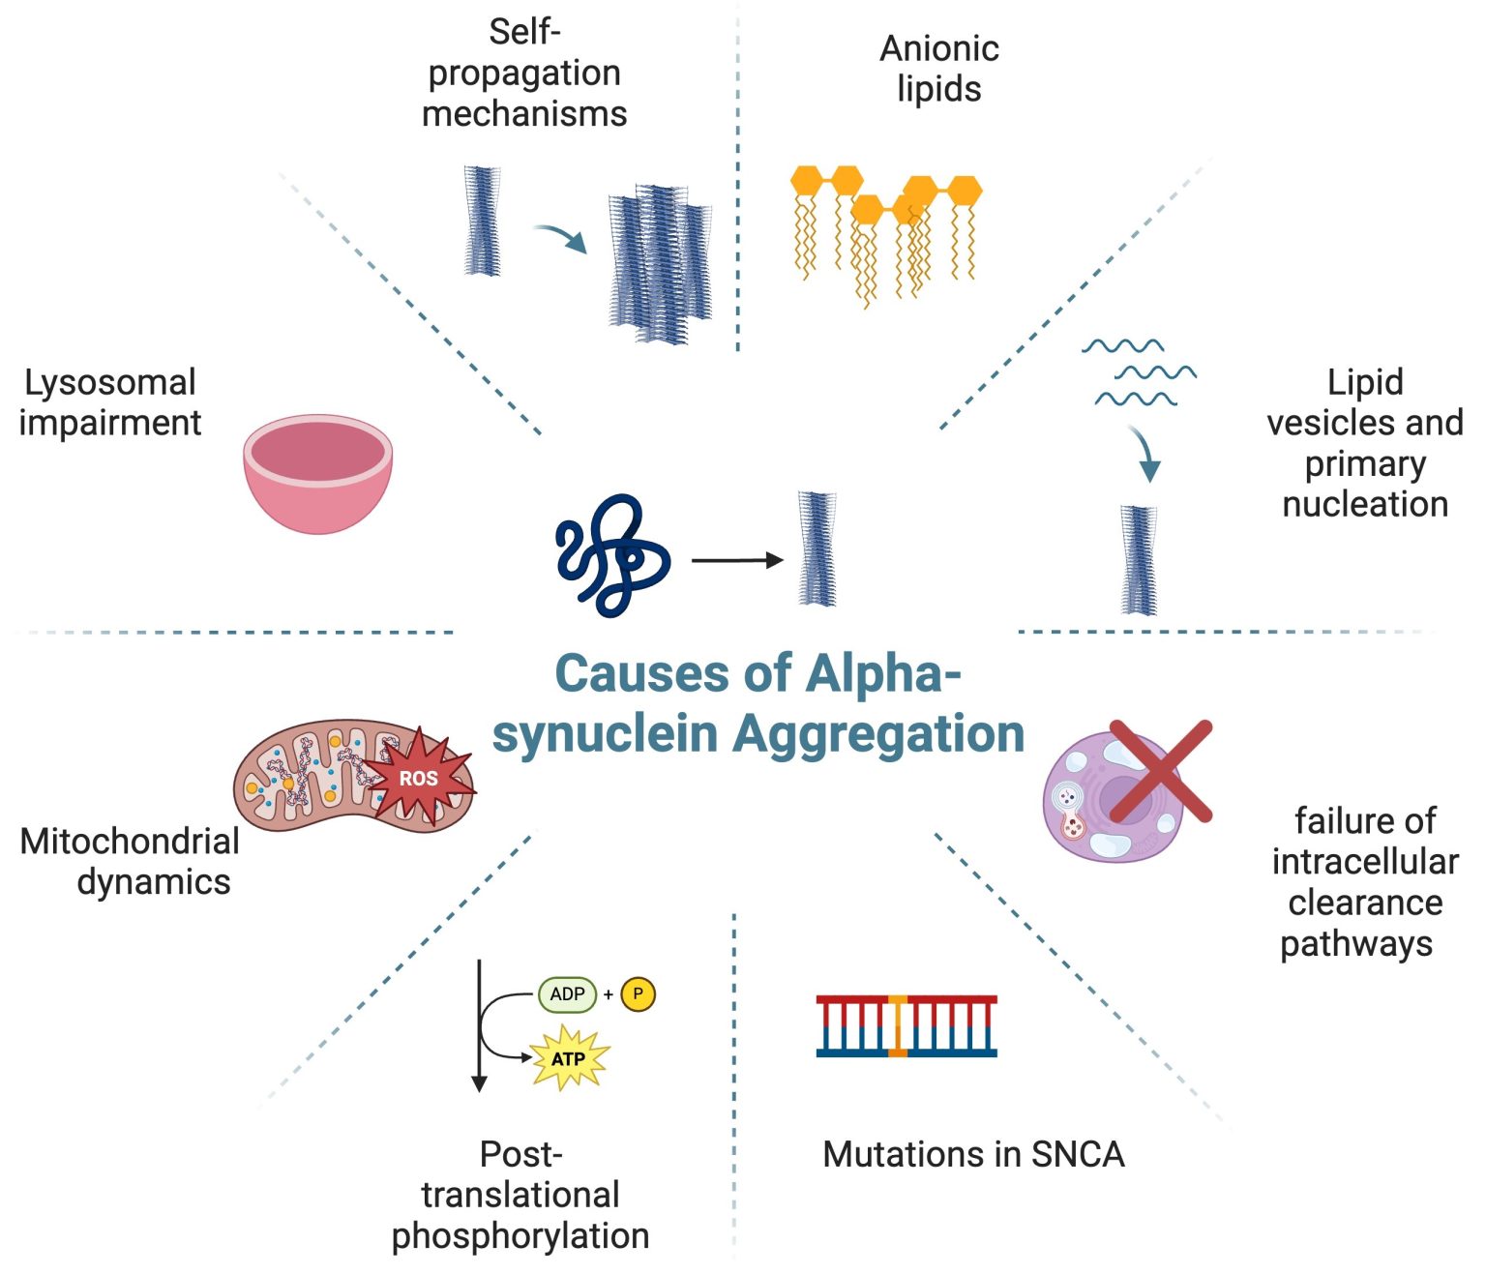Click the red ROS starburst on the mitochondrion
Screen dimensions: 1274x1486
click(420, 778)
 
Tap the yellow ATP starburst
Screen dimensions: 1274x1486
click(569, 1058)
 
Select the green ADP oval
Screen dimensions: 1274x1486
click(567, 994)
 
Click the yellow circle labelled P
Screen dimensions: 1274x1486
click(638, 993)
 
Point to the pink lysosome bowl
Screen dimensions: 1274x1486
click(317, 473)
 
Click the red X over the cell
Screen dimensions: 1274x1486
click(1160, 771)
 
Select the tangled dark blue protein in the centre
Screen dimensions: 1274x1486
click(611, 555)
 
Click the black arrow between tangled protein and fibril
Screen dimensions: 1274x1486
click(737, 560)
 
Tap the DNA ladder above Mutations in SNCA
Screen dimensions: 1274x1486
click(906, 1025)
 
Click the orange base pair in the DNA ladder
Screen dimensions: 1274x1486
click(898, 1025)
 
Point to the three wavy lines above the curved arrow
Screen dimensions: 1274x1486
click(1139, 372)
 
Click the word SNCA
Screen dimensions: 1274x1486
click(1078, 1154)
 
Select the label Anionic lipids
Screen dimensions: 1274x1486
click(938, 68)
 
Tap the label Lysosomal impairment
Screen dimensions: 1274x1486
click(109, 402)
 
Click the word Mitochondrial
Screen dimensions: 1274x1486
click(130, 841)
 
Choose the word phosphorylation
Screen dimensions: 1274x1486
click(520, 1235)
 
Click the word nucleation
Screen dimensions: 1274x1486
click(1364, 504)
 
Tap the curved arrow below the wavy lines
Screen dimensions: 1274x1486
click(1146, 454)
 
